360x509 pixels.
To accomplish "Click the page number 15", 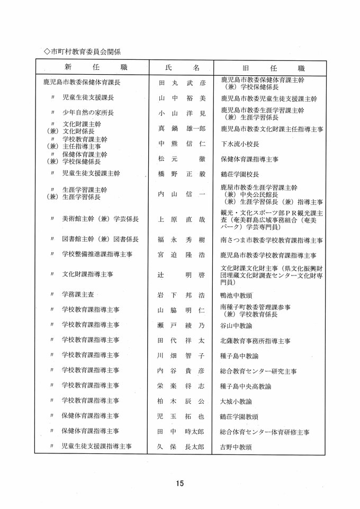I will [x=179, y=483].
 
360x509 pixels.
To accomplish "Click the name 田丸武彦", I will [x=182, y=83].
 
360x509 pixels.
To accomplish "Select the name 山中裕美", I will [x=182, y=99].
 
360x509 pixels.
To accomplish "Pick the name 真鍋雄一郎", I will [x=182, y=128].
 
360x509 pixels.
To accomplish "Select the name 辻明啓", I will [x=182, y=275].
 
